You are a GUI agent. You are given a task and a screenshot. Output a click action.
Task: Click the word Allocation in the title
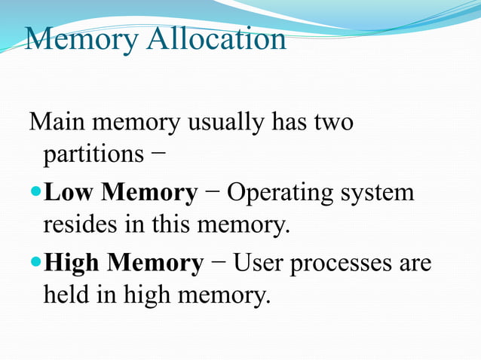coord(216,39)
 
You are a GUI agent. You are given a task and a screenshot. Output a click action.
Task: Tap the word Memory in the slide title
coord(81,39)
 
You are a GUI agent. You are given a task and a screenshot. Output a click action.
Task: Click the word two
coord(332,122)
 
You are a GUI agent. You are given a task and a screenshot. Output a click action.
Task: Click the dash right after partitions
coord(153,155)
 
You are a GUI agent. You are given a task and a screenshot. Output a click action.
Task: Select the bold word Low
coord(69,193)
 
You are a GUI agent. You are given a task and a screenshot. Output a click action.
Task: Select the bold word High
coord(72,264)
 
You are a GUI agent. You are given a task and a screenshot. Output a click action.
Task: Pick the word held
coord(66,295)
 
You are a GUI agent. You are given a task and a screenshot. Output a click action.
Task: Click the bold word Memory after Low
coord(149,194)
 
